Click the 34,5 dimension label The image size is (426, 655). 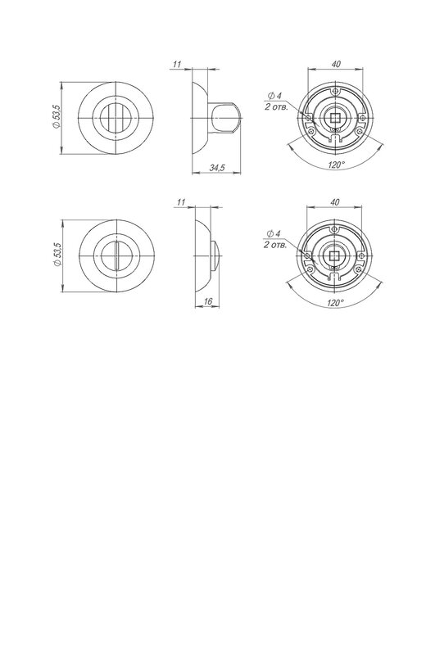[x=217, y=168]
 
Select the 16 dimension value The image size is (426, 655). [x=208, y=300]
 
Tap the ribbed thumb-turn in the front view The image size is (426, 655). [x=116, y=118]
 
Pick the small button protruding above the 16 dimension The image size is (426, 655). [x=215, y=255]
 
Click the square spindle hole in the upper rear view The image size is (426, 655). [x=335, y=118]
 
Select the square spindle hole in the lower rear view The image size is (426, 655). [x=333, y=255]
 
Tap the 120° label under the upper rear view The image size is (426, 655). [x=336, y=165]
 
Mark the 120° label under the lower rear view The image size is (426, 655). [x=335, y=303]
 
